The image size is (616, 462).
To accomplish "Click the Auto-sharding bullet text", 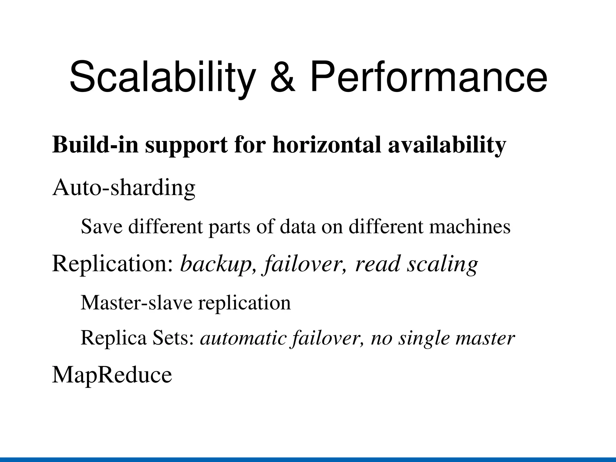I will pos(124,188).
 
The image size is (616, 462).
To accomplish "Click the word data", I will pos(298,227).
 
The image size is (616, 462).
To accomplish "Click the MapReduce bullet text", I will pos(112,375).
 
